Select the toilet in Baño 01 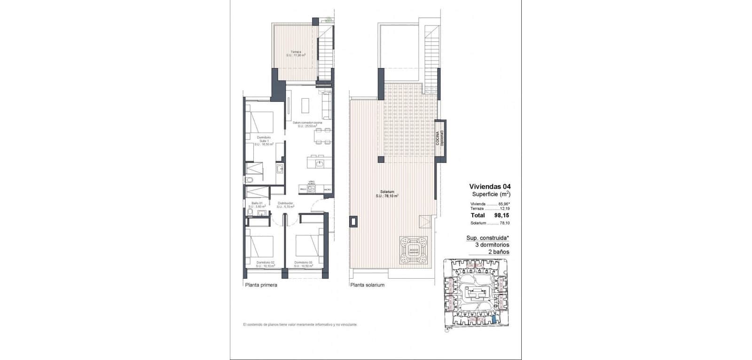point(250,214)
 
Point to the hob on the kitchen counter point(312,188)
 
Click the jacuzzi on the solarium point(414,250)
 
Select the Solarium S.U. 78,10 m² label point(387,194)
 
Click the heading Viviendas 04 point(490,186)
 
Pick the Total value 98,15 point(502,215)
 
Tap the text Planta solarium point(367,285)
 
